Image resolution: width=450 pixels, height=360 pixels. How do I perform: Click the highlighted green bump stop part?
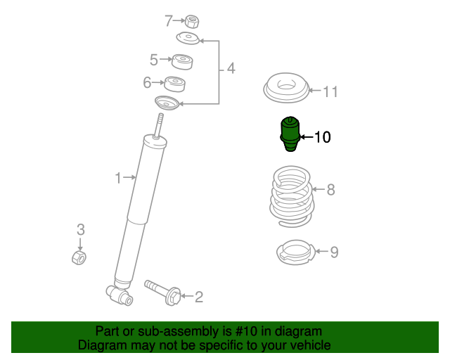(289, 133)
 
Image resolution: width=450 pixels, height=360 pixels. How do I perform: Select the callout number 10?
(322, 137)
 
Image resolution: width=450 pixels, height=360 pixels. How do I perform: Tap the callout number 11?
(330, 91)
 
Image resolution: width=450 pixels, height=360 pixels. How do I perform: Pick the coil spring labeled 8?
(292, 195)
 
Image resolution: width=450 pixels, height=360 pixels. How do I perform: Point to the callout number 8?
(330, 189)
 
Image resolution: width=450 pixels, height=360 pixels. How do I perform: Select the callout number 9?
(334, 252)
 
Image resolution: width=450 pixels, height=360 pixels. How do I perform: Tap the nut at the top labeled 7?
(191, 22)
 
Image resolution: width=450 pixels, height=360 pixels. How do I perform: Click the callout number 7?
(168, 20)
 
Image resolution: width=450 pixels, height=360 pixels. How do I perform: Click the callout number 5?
(154, 60)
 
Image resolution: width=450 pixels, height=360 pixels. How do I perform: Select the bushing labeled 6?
(174, 84)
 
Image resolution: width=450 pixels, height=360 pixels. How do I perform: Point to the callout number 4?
(230, 69)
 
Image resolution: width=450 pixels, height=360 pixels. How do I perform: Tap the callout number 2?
(199, 297)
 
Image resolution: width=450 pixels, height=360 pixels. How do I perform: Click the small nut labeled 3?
(79, 259)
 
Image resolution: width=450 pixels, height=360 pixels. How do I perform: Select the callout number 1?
(119, 178)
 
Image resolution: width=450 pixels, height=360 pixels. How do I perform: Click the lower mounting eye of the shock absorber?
(120, 295)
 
